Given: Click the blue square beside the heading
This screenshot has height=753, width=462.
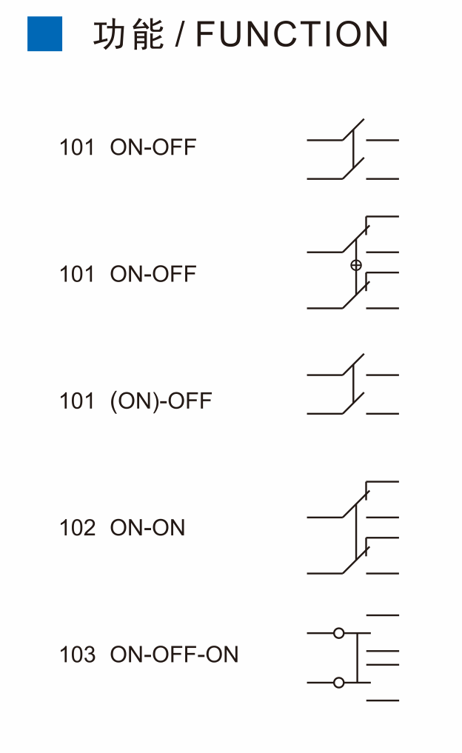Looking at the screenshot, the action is pos(44,33).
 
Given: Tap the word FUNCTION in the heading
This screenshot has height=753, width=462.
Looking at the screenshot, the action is pos(292,34).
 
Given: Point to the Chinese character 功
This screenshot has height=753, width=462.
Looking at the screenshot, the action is pos(109,34).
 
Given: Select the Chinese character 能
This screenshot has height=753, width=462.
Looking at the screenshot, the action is pos(147,34).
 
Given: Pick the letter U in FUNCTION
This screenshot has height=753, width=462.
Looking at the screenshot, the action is pos(233,35).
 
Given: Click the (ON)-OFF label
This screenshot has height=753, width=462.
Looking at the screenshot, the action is pos(161,401).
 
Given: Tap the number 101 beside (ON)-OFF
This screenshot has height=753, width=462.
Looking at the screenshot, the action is pos(77,401).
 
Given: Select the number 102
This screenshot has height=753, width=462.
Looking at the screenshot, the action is pos(77,528).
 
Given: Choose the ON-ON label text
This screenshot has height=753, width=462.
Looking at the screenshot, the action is pos(147,528).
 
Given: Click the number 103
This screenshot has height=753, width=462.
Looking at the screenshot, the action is pos(77,655).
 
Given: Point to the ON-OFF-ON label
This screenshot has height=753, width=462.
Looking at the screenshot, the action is pos(174,655).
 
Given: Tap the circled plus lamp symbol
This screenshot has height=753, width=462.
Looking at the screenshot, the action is pos(356,265).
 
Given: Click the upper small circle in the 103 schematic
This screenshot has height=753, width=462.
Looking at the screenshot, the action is pos(338,633).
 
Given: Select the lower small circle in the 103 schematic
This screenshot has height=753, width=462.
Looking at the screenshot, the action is pos(338,683).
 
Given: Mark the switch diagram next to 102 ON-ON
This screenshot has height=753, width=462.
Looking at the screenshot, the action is pos(353,527).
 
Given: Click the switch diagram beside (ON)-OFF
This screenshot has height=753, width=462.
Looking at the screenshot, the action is pos(353,384).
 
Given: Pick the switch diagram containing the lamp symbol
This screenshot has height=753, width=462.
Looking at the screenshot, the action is pos(353,262).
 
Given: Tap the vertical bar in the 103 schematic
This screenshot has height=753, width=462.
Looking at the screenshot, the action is pos(358,658).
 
